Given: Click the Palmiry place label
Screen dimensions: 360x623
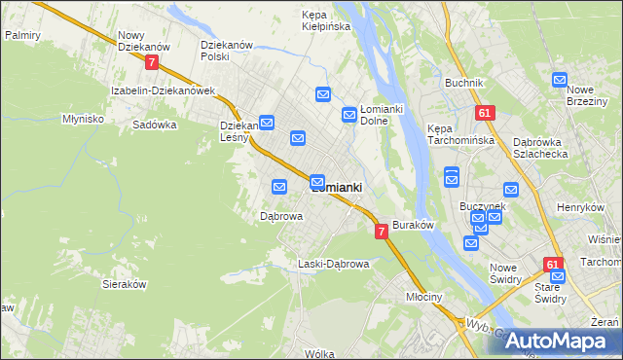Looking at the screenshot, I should (21, 34).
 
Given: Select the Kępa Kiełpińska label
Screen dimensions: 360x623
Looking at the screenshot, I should (326, 21).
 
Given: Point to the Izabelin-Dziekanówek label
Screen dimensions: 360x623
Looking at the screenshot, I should (163, 90).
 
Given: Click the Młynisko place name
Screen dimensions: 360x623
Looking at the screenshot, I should (83, 118).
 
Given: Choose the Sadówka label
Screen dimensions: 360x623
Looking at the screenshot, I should (154, 125).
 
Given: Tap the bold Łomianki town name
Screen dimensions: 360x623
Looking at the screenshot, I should (337, 188).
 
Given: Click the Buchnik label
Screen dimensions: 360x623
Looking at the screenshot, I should (464, 83).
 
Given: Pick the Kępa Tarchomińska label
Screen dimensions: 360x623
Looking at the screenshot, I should (461, 134).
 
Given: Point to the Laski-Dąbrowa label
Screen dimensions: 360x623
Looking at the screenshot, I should (334, 264).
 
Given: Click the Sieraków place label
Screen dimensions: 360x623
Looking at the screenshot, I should (124, 284).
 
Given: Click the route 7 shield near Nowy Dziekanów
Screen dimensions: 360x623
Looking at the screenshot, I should (151, 61).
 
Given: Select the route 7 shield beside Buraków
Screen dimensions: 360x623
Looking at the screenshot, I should (382, 231).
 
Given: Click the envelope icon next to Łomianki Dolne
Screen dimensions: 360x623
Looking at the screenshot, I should (348, 115).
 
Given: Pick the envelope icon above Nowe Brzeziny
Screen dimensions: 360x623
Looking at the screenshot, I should (560, 80).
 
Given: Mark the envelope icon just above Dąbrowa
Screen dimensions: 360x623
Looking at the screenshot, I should (279, 186).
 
